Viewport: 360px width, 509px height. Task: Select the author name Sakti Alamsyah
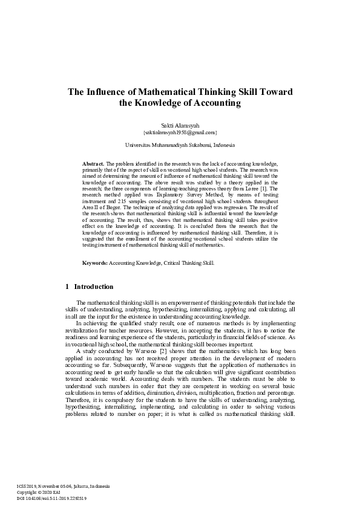pyautogui.click(x=180, y=124)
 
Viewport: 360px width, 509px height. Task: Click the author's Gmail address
pyautogui.click(x=180, y=131)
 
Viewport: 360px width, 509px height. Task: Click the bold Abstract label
pyautogui.click(x=93, y=164)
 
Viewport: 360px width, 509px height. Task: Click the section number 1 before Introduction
pyautogui.click(x=66, y=286)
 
